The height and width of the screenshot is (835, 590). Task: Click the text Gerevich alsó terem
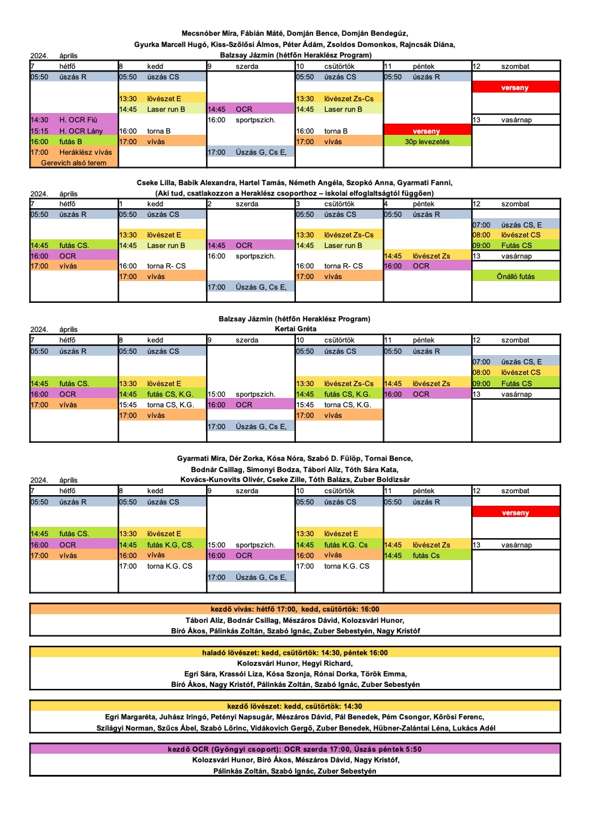[73, 163]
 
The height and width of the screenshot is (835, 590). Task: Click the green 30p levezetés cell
[427, 141]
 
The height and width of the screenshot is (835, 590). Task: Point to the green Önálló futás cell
[515, 276]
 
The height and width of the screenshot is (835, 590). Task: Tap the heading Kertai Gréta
[295, 329]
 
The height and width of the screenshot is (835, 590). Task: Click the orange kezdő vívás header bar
[295, 610]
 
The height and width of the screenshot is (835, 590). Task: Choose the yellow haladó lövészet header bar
[295, 653]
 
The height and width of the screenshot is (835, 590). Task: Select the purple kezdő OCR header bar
[295, 749]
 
